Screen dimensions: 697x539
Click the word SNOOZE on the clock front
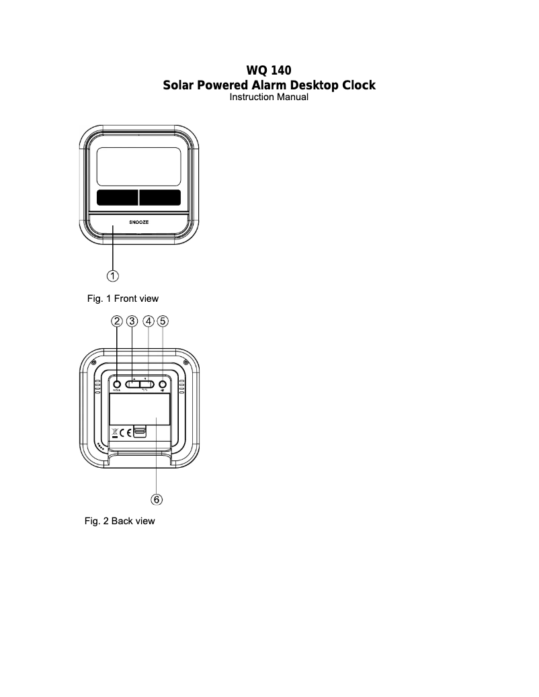(139, 221)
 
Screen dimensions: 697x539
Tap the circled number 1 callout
(114, 275)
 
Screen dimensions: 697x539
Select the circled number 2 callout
(117, 321)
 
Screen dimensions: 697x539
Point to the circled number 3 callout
(132, 321)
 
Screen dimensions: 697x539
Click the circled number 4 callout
(149, 321)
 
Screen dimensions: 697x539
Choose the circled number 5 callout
(163, 321)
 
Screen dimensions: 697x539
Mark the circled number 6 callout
(156, 499)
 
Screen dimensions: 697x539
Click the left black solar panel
(117, 197)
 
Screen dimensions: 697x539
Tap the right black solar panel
(160, 197)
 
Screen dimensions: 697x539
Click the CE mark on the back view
(125, 432)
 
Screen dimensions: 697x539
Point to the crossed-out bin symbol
(114, 432)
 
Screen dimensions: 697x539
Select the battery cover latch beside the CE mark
(140, 432)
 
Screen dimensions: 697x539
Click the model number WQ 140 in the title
(269, 70)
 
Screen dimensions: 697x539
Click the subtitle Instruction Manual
(269, 97)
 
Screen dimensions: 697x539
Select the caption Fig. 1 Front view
(122, 298)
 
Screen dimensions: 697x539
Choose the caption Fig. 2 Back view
(120, 521)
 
